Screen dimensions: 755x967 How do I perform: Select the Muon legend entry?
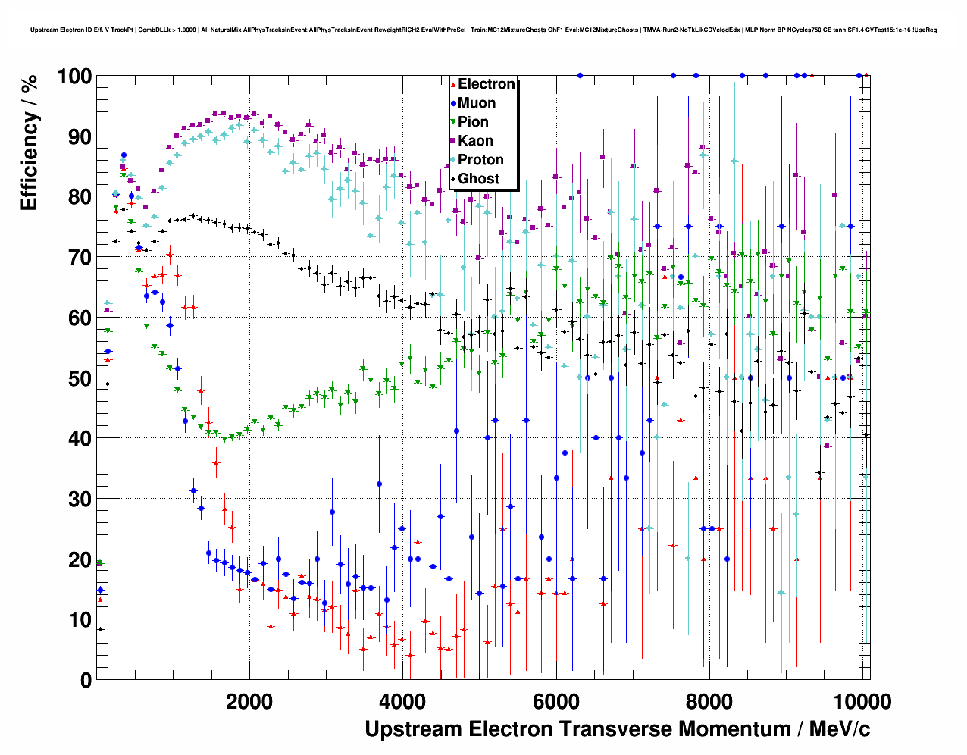(477, 103)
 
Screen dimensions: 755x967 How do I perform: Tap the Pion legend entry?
(473, 122)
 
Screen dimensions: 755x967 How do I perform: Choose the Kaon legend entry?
(475, 141)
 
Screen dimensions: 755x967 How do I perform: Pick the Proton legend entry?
(480, 160)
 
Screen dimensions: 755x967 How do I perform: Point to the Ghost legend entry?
(478, 179)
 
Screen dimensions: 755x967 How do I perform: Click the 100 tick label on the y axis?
(74, 77)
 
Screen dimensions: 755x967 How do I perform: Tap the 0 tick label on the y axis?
(86, 680)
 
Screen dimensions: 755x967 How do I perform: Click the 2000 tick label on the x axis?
(249, 701)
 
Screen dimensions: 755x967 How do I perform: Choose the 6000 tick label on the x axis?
(555, 701)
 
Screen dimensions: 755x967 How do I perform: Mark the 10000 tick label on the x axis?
(862, 701)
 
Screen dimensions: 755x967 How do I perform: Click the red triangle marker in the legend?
(453, 84)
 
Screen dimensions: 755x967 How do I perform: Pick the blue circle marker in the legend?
(453, 103)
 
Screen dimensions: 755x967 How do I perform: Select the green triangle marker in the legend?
(453, 122)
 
